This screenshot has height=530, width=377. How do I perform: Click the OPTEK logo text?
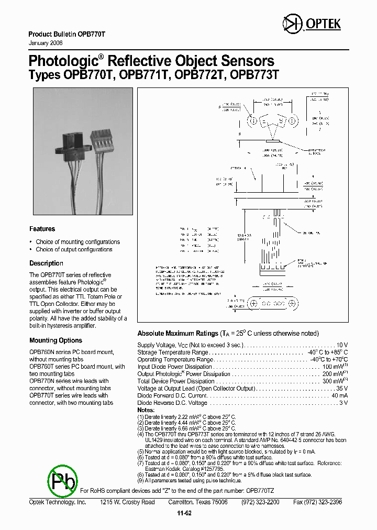pos(327,24)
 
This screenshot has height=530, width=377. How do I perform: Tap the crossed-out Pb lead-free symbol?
pos(62,480)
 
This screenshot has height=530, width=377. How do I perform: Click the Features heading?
pos(42,229)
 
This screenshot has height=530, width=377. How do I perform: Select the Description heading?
pos(46,263)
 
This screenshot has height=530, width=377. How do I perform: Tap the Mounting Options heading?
pos(56,340)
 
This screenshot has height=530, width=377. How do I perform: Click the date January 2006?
pos(46,42)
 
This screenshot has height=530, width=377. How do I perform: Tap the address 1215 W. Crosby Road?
pos(127,502)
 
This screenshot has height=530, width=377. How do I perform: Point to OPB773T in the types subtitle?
pos(254,74)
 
